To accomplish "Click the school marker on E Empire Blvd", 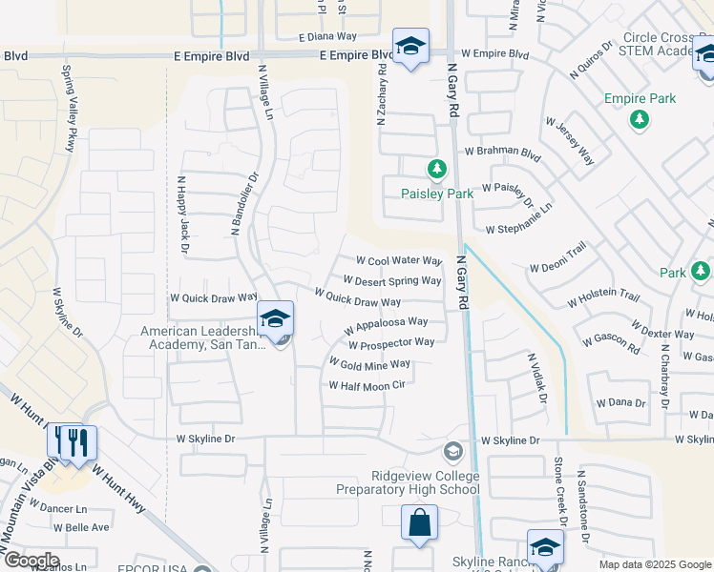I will pos(410,47).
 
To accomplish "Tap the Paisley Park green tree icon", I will pos(437,170).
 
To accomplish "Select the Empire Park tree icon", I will pos(640,119).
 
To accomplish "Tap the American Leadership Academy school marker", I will pos(275,319).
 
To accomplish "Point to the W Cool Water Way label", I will pos(399,260).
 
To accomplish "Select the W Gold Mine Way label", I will pos(369,364).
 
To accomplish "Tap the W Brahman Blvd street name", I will pos(502,152).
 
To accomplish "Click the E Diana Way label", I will pos(326,36).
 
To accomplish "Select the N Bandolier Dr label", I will pos(245,204).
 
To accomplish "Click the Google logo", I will pos(31,561).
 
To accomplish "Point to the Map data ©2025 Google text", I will pos(654,564).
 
